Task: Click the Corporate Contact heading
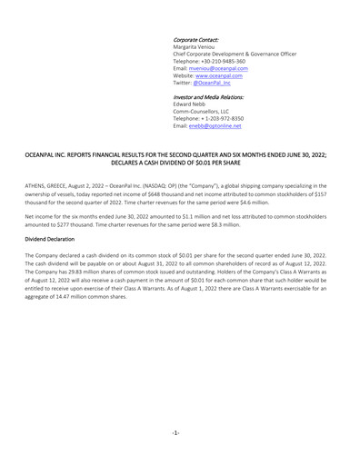coord(196,39)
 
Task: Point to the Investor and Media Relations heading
coord(208,96)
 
